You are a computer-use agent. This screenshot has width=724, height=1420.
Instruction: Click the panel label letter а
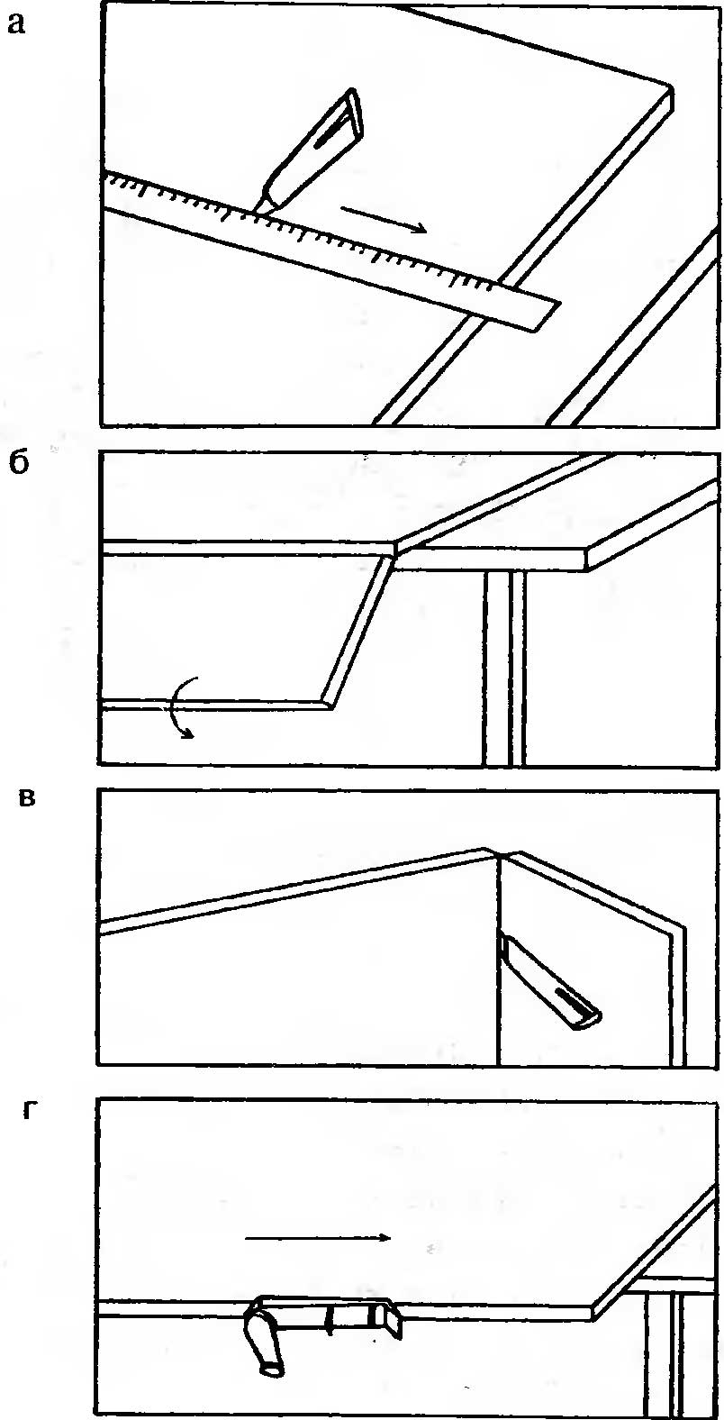[x=16, y=24]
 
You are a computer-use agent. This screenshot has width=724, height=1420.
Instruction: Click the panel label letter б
[x=20, y=467]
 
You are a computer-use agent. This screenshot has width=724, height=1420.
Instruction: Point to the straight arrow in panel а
[x=384, y=219]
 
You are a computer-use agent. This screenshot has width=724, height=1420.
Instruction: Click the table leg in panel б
[x=504, y=667]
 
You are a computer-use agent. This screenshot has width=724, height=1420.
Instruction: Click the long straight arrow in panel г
[x=318, y=1238]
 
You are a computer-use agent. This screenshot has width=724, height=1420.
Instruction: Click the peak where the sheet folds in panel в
[x=492, y=851]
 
